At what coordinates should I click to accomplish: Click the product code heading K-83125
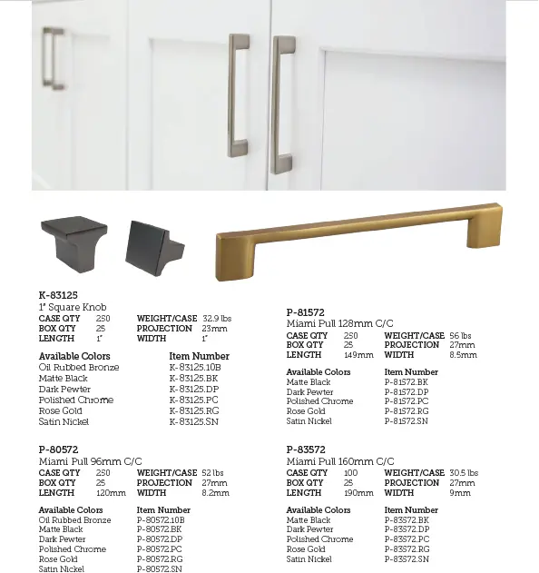pos(58,295)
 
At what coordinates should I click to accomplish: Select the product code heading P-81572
pos(306,312)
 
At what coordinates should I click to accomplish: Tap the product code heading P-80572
pos(58,450)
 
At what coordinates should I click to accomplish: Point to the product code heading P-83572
pos(306,450)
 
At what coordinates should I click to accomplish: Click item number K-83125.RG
pos(193,410)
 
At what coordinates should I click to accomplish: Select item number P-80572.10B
pos(161,520)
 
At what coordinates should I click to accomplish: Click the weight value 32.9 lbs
pos(218,319)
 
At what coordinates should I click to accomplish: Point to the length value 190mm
pos(359,493)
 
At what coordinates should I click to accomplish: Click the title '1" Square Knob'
pos(72,308)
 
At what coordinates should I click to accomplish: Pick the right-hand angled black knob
pos(153,245)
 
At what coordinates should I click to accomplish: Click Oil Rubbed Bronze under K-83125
pos(79,367)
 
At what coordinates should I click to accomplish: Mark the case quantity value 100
pos(350,473)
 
